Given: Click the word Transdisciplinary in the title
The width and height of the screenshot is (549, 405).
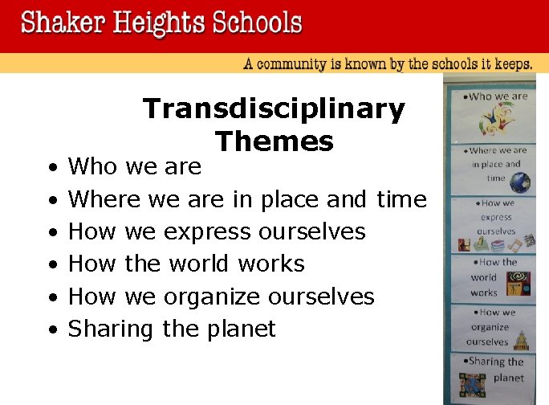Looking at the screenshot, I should (x=274, y=109).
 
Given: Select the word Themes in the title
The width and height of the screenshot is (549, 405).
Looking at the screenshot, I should (x=274, y=141).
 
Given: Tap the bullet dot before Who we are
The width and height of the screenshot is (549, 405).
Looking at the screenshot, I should (x=51, y=168).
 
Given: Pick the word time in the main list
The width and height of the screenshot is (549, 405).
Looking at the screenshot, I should (x=401, y=198).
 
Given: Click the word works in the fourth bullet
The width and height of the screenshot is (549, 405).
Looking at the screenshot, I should (x=276, y=264).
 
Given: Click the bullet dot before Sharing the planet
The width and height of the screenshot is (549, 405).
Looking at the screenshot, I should (x=51, y=330).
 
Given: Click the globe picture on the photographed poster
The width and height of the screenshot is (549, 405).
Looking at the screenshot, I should (x=519, y=183).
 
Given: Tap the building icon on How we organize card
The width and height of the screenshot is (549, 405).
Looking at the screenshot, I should (x=522, y=340).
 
